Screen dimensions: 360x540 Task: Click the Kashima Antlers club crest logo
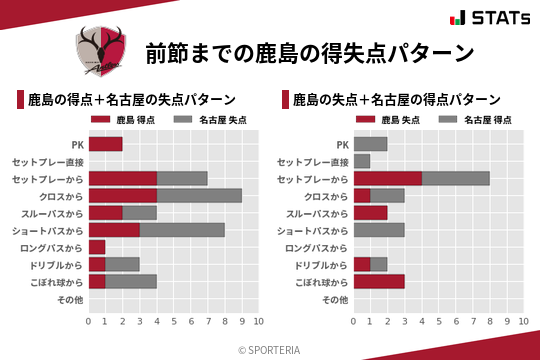(102, 51)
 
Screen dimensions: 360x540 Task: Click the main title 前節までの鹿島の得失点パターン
(308, 52)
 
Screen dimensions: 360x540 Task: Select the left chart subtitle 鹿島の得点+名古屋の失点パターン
(131, 100)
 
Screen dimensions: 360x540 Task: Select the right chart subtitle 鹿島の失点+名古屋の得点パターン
(397, 100)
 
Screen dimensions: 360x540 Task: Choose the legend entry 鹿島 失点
(387, 120)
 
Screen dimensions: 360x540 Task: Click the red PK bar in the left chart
(105, 144)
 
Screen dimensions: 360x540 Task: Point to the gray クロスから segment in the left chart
(199, 196)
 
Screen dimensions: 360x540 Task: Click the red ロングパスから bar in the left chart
(97, 247)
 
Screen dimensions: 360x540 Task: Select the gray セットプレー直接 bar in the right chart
(362, 161)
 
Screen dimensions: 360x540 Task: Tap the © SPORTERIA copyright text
(270, 349)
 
